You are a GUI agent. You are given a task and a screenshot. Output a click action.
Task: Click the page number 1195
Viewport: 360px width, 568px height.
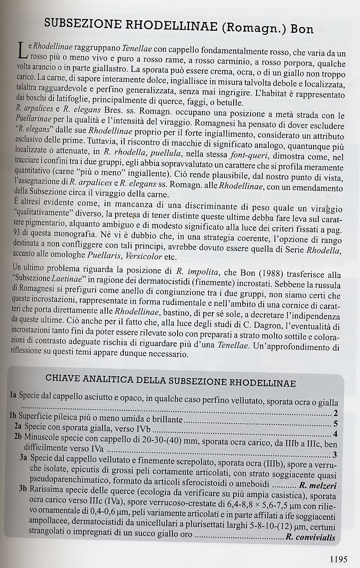(x=338, y=559)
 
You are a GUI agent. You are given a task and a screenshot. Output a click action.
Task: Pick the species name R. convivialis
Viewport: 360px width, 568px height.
(x=310, y=537)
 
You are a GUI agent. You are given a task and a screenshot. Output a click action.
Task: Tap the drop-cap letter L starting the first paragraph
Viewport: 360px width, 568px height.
(x=24, y=54)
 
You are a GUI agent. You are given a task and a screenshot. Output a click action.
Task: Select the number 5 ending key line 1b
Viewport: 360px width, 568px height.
(x=335, y=424)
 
